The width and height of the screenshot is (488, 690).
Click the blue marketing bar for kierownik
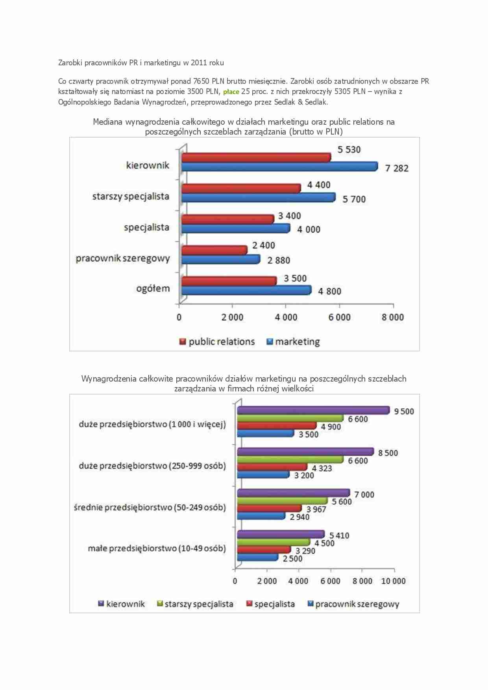[x=279, y=166]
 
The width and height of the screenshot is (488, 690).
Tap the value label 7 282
[x=397, y=168]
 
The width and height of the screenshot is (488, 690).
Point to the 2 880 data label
[x=279, y=260]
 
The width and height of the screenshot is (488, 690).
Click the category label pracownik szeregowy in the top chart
[x=123, y=258]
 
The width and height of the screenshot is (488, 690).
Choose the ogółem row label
[x=153, y=289]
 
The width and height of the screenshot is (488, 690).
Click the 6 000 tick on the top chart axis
[x=339, y=317]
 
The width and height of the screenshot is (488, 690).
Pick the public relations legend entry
[x=217, y=342]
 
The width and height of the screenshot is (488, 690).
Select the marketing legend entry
[x=293, y=342]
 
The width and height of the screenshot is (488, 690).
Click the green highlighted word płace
[x=231, y=92]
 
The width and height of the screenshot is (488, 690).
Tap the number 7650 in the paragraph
[x=201, y=81]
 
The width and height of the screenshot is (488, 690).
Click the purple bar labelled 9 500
[x=313, y=410]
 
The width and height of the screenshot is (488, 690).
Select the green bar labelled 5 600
[x=282, y=501]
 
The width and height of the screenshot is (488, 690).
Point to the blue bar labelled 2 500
[x=257, y=557]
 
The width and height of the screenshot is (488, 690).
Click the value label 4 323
[x=322, y=469]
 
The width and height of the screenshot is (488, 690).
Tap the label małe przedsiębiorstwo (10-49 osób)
[x=157, y=548]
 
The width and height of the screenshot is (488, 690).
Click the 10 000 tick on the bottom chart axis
[x=393, y=581]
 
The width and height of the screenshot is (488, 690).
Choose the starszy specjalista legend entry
[x=195, y=604]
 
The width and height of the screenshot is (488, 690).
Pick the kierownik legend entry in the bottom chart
[x=122, y=604]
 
